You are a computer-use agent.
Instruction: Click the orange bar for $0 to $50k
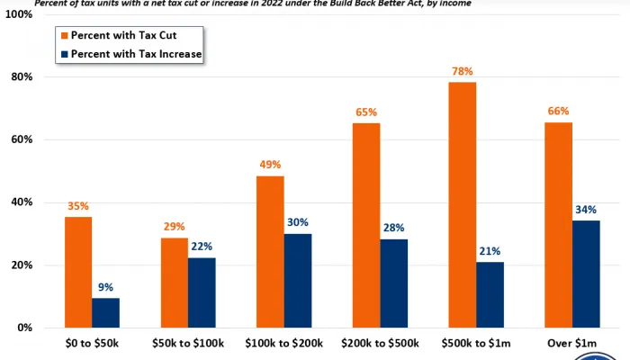click(77, 272)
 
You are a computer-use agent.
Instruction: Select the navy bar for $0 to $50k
click(105, 312)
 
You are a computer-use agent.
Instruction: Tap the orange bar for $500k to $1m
click(462, 204)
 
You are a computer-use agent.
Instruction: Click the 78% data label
click(462, 70)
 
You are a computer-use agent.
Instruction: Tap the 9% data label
click(105, 286)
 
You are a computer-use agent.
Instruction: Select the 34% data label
click(586, 209)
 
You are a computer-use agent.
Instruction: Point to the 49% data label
click(270, 165)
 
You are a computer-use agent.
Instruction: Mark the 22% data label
click(202, 246)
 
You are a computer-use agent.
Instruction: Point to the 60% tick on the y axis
click(21, 139)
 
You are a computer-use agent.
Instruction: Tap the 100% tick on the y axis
click(18, 15)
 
